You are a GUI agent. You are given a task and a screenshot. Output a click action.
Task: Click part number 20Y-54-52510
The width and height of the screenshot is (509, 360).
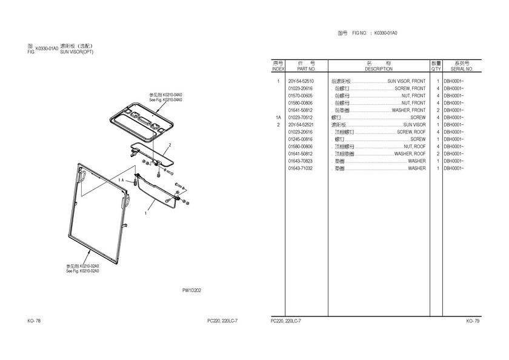coord(301,81)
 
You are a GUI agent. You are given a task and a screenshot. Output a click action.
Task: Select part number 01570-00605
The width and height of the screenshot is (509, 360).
coord(301,96)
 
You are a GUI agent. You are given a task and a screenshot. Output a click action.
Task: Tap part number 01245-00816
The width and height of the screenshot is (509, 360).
coord(301,139)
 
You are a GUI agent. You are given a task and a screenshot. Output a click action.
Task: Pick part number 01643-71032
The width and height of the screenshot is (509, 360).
coord(301,168)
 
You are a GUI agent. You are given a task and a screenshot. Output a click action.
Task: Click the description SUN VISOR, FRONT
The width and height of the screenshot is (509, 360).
coord(407,81)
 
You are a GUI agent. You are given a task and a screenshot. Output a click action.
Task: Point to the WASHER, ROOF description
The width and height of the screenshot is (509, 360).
coord(410,154)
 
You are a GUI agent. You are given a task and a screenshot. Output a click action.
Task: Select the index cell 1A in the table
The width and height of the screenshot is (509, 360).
coord(278,118)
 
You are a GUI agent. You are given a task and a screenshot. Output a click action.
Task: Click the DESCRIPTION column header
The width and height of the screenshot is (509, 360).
coord(379,69)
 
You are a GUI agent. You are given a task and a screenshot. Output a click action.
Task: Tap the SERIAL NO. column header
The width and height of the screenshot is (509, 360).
coord(462,69)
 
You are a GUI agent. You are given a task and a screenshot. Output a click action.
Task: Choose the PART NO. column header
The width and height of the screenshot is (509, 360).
coord(306,69)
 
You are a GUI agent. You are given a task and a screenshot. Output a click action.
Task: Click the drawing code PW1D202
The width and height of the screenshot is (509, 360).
coord(191,290)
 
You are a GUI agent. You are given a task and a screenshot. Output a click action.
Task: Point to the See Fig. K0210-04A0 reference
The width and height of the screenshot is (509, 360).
coord(165,99)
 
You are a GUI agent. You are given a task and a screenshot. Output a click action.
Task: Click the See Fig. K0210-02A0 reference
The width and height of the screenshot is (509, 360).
coord(82,271)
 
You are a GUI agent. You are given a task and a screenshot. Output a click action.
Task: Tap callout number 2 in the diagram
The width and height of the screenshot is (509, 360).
coord(170,145)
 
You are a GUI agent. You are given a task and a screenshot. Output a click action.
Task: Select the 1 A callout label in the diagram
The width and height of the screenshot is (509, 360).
coord(121,180)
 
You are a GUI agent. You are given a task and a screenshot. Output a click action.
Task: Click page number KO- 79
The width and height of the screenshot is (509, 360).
coord(473,321)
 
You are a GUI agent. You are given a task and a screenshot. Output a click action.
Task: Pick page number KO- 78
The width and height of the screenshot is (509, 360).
coord(34,321)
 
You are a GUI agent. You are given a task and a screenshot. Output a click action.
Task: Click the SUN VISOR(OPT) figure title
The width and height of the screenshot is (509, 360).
coord(76,52)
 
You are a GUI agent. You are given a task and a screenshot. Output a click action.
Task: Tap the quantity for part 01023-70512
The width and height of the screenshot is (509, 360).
coord(438,118)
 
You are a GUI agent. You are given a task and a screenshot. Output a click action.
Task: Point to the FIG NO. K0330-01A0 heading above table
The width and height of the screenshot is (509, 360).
coord(374,33)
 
